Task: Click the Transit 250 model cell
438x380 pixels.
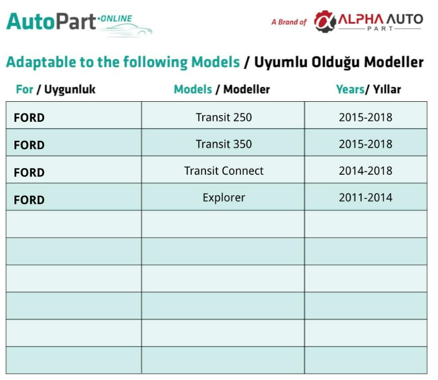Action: coord(224,117)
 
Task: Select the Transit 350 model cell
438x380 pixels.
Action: coord(224,144)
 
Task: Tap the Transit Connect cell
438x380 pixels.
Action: coord(224,171)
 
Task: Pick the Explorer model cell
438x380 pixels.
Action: coord(224,198)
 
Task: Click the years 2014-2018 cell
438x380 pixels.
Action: coord(366,171)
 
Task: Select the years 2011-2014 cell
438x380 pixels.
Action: coord(366,198)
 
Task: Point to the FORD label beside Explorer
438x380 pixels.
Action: coord(29,200)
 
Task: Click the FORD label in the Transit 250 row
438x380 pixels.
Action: coord(29,118)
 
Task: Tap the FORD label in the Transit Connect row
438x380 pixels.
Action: coord(29,172)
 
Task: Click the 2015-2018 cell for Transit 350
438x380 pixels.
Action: coord(366,144)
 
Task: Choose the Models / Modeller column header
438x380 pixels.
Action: coord(222,90)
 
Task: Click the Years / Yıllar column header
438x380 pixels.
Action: coord(368,90)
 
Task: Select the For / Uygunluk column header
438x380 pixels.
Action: coord(56,90)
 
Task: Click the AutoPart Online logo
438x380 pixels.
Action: coord(79,24)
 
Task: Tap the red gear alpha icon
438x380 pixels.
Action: coord(325,22)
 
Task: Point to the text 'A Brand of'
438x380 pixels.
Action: coord(289,22)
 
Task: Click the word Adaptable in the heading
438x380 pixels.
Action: coord(41,62)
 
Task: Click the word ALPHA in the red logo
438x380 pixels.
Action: coord(361,19)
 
